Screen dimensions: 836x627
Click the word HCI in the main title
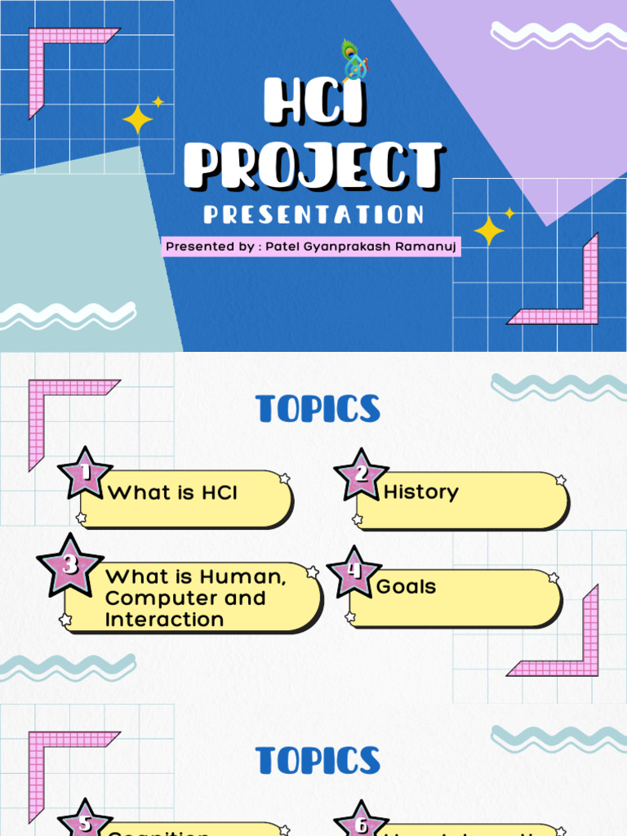313,104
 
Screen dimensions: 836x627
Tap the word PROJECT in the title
313,165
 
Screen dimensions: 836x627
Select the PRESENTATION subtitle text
313,215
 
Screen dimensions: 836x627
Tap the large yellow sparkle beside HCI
137,120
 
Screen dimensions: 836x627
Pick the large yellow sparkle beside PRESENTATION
489,231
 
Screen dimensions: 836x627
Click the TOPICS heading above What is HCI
318,409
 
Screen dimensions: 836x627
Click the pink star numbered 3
70,564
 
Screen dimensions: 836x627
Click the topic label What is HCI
172,492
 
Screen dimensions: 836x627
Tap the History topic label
420,491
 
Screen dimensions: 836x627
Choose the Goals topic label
406,586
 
